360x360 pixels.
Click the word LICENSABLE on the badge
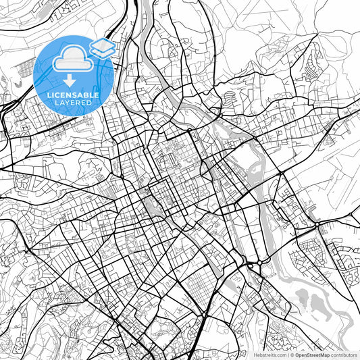pyautogui.click(x=73, y=95)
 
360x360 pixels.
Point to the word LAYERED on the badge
pyautogui.click(x=73, y=103)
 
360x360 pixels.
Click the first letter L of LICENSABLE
pyautogui.click(x=48, y=95)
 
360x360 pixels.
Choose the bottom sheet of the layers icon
pyautogui.click(x=102, y=51)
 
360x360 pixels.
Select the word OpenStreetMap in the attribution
pyautogui.click(x=312, y=355)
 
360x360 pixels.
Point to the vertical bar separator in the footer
pyautogui.click(x=286, y=355)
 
